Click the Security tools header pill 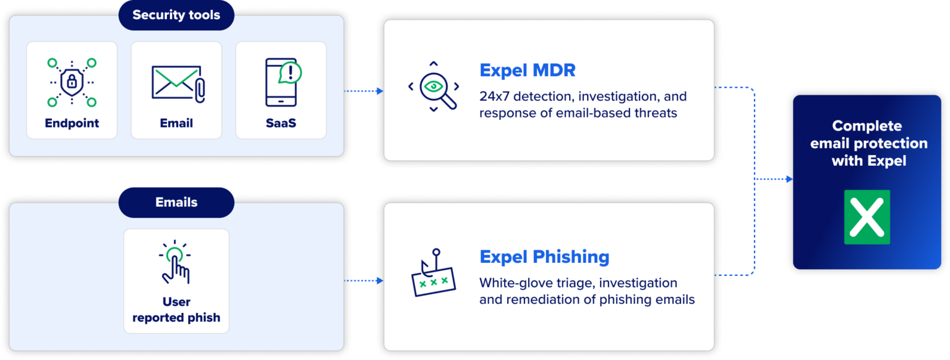point(176,15)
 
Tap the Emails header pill point(176,202)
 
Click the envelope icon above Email point(176,83)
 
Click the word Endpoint point(72,123)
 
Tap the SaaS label point(281,123)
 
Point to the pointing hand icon point(176,262)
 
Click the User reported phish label point(176,310)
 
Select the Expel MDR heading point(528,70)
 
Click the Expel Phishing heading point(544,256)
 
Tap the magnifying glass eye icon point(433,87)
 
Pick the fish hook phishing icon point(433,273)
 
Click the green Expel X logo point(867,216)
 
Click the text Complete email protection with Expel point(867,144)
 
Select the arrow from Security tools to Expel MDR point(364,91)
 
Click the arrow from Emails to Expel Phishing point(364,281)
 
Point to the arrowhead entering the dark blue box point(789,179)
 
